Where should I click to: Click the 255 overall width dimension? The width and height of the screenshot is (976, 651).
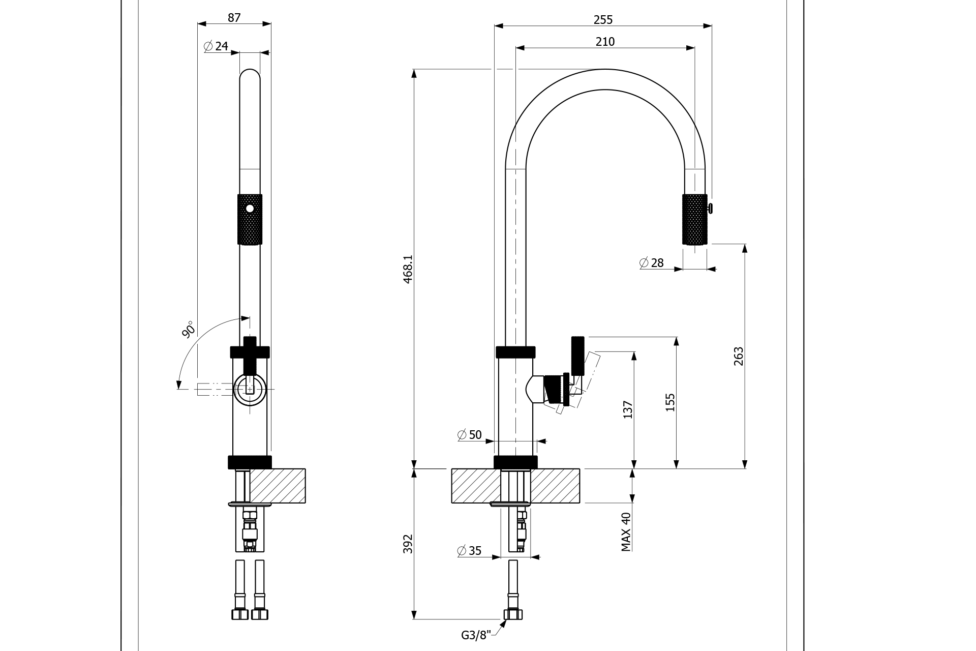pos(603,20)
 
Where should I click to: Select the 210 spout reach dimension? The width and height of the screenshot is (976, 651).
pos(605,42)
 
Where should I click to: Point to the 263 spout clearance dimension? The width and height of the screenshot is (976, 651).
pos(739,356)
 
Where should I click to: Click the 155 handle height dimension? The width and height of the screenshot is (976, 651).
pos(670,402)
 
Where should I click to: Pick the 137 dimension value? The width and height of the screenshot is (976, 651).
pos(628,410)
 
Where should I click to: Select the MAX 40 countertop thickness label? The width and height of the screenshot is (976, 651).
pos(626,531)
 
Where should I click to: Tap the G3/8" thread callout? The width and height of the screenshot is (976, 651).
pos(476,635)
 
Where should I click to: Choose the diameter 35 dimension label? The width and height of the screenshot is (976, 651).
pos(469,551)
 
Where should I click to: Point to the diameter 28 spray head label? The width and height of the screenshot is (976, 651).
pos(652,263)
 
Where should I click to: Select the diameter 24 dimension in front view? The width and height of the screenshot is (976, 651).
pos(216,46)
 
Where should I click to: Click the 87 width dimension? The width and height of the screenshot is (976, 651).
pos(234,18)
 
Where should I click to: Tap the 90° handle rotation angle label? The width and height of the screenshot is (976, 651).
pos(189,330)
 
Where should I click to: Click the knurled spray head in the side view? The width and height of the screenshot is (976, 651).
pos(694,219)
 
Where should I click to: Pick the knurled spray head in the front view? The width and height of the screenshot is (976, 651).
pos(250,219)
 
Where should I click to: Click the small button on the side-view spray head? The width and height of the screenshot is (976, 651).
pos(710,207)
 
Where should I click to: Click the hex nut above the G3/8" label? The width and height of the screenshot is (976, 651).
pos(513,614)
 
